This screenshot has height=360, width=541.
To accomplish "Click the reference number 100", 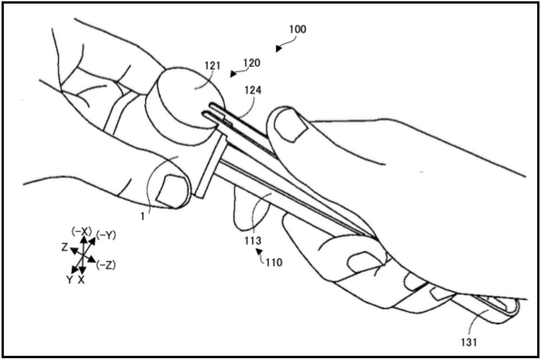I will click(298, 30).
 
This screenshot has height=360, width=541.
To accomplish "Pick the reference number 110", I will click(273, 262).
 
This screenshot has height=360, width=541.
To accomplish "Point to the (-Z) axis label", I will click(105, 265).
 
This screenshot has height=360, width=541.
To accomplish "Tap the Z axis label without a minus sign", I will click(64, 248).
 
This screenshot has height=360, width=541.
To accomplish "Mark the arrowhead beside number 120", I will click(233, 74).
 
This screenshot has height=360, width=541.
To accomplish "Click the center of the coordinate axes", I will click(83, 255).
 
